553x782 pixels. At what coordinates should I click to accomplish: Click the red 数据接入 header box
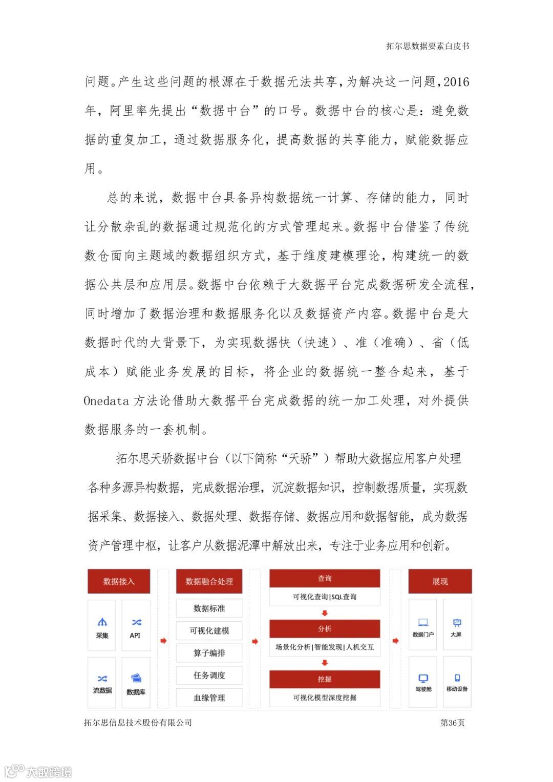[119, 581]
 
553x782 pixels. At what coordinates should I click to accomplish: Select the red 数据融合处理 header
[209, 581]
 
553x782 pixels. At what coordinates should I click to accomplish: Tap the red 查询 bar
[325, 578]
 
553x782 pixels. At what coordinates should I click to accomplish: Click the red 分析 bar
[325, 628]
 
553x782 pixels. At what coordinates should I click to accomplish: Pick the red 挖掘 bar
[325, 679]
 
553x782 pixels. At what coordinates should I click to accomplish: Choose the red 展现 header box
[440, 581]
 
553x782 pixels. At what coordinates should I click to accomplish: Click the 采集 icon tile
[102, 628]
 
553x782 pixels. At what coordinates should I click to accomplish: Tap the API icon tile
[136, 628]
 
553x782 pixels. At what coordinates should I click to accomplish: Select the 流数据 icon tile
[102, 683]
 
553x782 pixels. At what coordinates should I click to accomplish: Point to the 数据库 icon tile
[136, 683]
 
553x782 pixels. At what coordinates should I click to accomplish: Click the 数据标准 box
[209, 608]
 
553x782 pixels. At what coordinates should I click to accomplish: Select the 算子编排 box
[209, 653]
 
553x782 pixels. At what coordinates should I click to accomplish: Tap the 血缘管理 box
[209, 698]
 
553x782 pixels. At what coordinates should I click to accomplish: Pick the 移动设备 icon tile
[457, 682]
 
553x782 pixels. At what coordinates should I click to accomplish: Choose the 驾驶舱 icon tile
[423, 682]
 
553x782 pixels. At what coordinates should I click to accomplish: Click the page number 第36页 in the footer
[452, 723]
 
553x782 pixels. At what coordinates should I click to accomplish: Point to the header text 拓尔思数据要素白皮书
[428, 46]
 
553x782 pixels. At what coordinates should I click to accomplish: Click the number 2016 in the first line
[456, 82]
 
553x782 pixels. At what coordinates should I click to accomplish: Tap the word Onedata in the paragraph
[107, 400]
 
